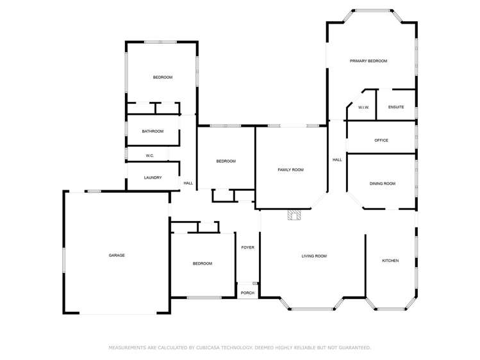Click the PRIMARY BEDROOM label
pos(368,61)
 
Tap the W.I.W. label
pos(363,107)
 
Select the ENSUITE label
pos(396,107)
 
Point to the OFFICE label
pos(381,140)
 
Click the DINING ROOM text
pos(382,184)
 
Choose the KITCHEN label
pos(390,261)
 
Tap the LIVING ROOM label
pos(314,256)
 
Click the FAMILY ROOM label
pos(290,170)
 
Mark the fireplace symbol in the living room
pos(294,215)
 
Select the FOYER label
pos(247,247)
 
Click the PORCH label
pos(247,293)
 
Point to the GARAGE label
pos(117,256)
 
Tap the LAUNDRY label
pos(153,178)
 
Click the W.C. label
pos(149,156)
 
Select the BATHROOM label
pos(153,131)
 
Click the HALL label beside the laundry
pos(188,184)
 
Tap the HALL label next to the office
pos(337,160)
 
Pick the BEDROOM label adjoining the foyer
pos(203,263)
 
